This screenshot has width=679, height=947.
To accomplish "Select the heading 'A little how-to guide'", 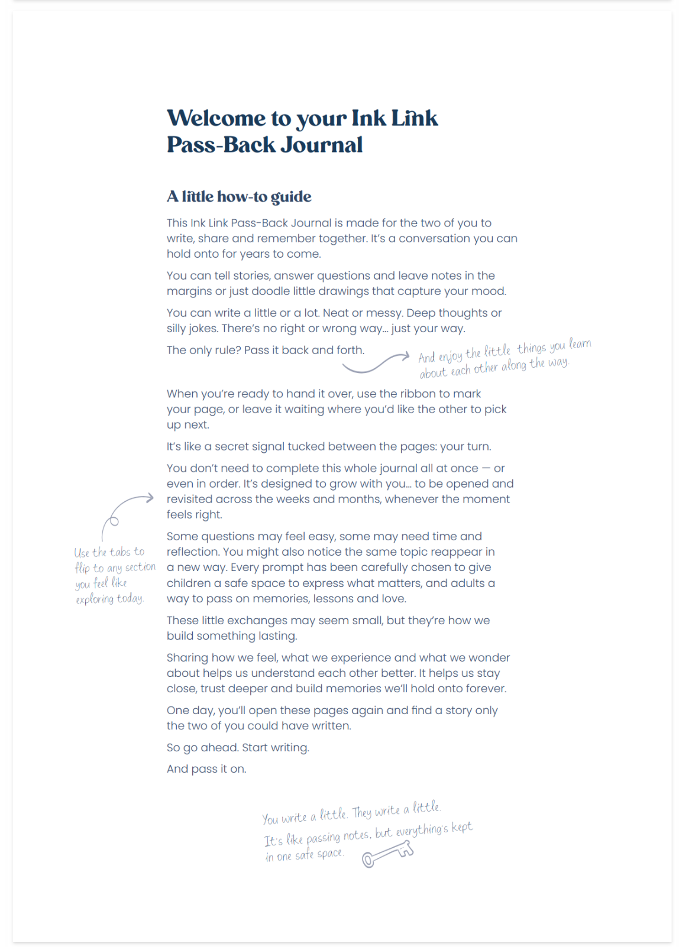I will (x=239, y=197).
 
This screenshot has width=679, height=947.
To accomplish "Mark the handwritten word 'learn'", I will (x=580, y=344).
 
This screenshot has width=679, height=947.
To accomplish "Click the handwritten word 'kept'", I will (x=462, y=827).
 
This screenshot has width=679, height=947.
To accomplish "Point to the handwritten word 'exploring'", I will (x=95, y=599).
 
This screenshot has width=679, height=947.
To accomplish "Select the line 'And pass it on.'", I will (x=206, y=769).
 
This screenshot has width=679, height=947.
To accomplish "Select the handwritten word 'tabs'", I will (x=120, y=552).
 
